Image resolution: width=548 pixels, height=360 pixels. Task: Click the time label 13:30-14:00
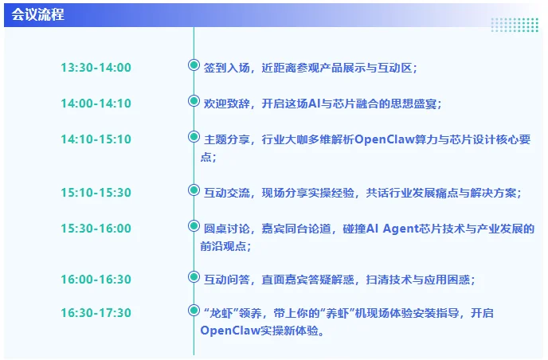click(x=96, y=68)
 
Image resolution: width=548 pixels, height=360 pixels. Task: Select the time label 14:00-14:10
click(x=96, y=104)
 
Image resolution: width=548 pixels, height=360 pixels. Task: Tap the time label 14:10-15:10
click(x=96, y=139)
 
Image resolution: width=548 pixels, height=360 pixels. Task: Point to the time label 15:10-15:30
click(x=96, y=192)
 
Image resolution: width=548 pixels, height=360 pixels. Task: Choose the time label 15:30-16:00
click(x=96, y=228)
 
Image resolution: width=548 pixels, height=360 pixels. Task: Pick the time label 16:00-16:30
click(x=96, y=280)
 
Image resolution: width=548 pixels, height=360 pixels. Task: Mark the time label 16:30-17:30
click(x=96, y=313)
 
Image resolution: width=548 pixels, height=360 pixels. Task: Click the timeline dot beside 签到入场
click(x=193, y=65)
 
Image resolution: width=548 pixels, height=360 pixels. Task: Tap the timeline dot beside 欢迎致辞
click(x=193, y=101)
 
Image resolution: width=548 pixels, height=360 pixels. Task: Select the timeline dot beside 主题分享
click(x=193, y=137)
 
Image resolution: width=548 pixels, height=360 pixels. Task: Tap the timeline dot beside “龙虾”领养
click(x=193, y=310)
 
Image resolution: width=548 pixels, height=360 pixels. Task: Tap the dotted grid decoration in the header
click(x=514, y=25)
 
